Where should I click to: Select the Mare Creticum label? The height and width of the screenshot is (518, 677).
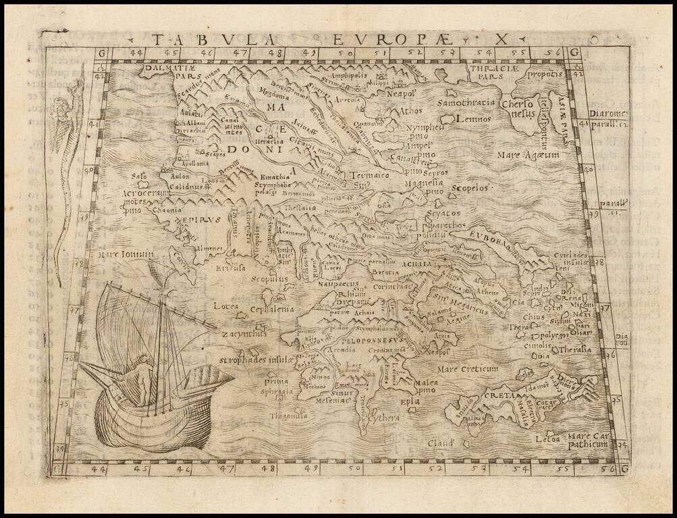pyautogui.click(x=466, y=369)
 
